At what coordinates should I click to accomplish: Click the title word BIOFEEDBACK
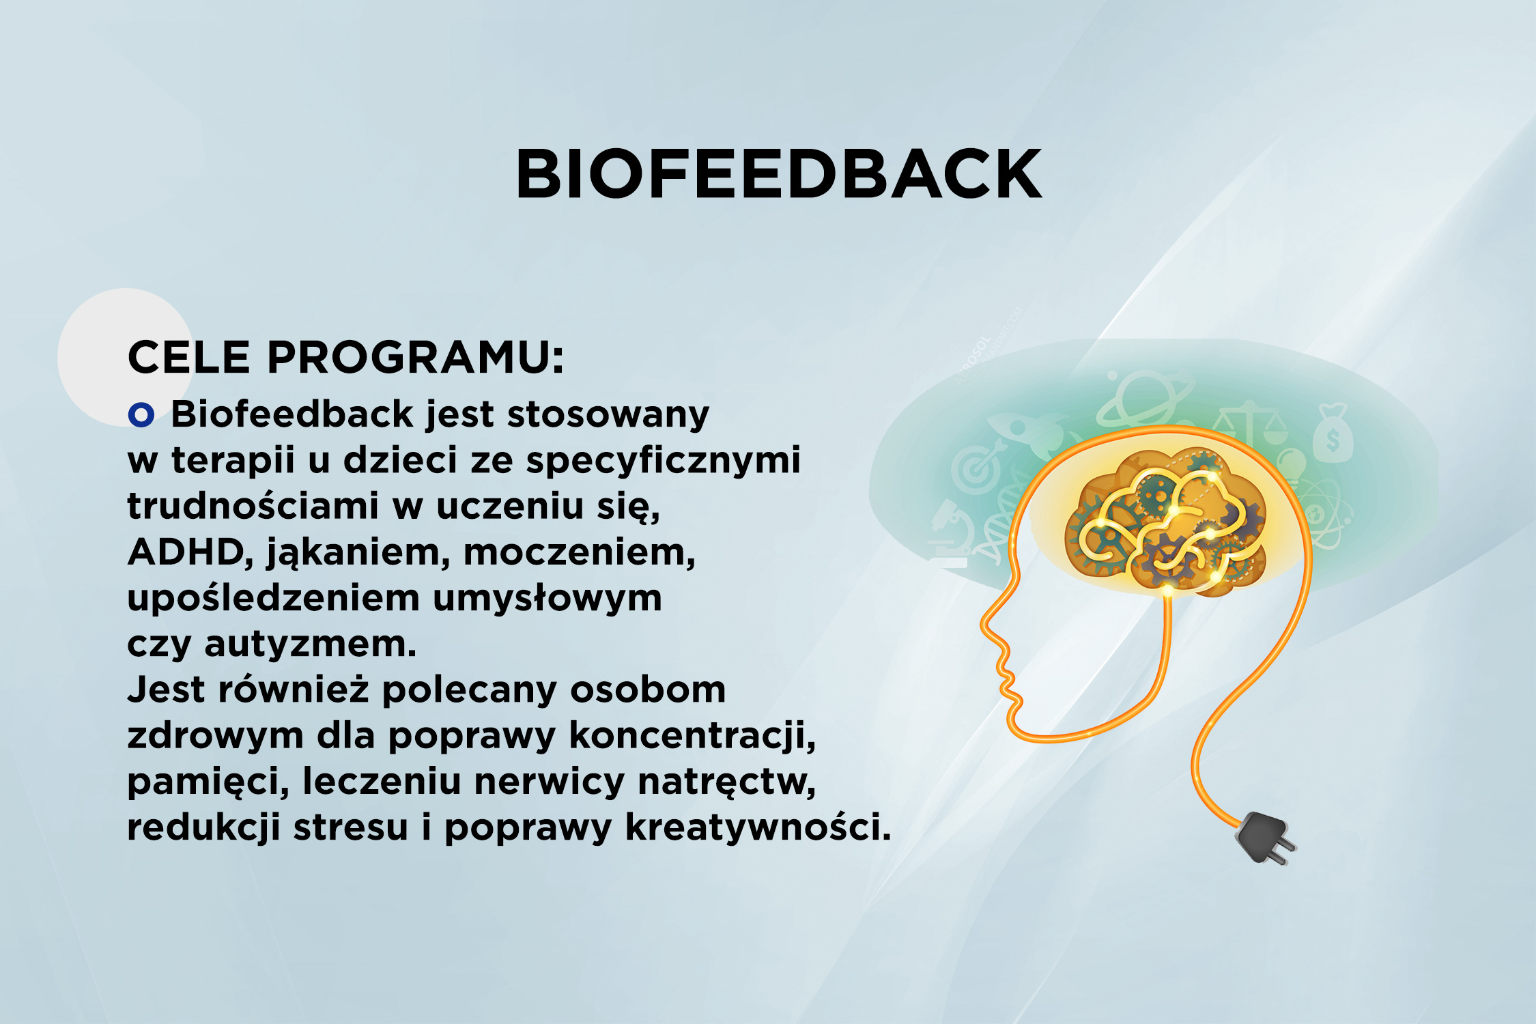click(x=779, y=174)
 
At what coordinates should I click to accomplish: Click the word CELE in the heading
click(x=189, y=357)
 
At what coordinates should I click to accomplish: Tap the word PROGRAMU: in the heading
click(x=415, y=357)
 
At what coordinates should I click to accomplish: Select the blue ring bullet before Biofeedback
click(x=141, y=414)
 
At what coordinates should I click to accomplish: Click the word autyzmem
click(x=311, y=644)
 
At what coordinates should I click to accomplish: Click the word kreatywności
click(x=758, y=827)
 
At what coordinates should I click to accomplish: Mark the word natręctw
click(x=727, y=782)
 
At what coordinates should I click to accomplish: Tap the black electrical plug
click(x=1264, y=837)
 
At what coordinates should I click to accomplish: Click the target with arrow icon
click(x=978, y=467)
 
